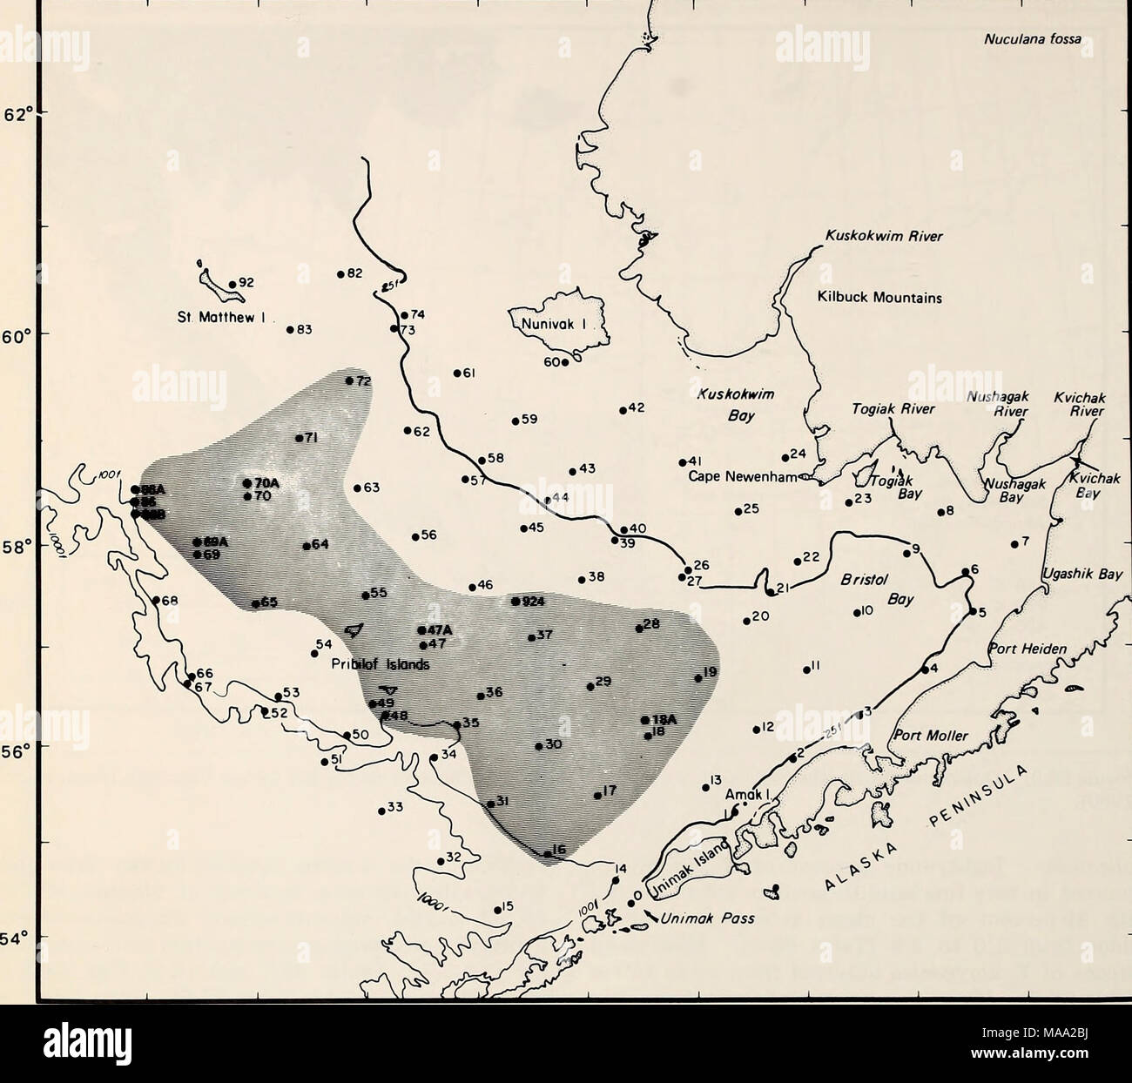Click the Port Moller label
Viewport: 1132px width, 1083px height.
pyautogui.click(x=933, y=737)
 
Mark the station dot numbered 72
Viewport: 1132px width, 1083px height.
pyautogui.click(x=349, y=380)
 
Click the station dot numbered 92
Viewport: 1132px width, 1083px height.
pyautogui.click(x=232, y=284)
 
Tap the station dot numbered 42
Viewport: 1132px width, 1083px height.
pyautogui.click(x=623, y=410)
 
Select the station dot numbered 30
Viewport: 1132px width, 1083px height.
pyautogui.click(x=539, y=746)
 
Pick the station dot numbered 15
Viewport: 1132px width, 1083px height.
pyautogui.click(x=497, y=911)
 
